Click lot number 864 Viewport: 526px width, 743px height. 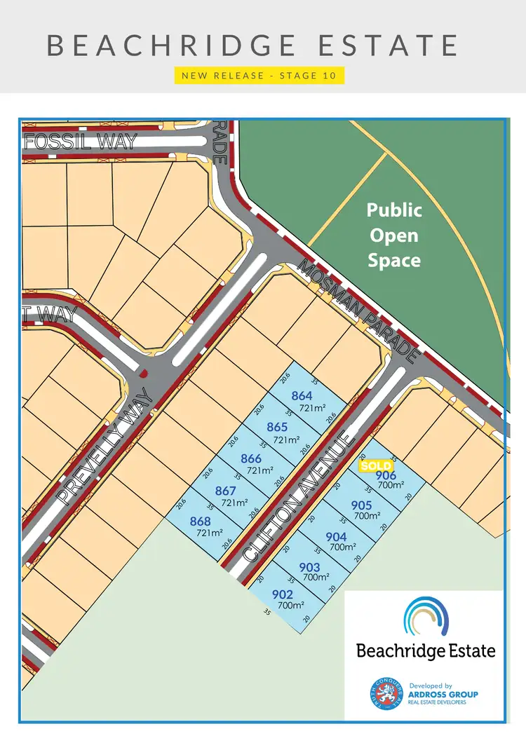point(302,396)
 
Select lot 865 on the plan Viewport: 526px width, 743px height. point(278,427)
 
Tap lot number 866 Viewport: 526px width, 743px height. point(251,459)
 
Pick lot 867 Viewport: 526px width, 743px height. point(226,491)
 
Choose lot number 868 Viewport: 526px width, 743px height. point(200,521)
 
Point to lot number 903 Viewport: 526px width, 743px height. point(309,567)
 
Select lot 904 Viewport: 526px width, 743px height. point(337,537)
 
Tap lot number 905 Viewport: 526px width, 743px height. point(361,505)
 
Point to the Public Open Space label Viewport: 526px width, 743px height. point(395,235)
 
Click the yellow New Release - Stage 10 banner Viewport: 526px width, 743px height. point(259,75)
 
